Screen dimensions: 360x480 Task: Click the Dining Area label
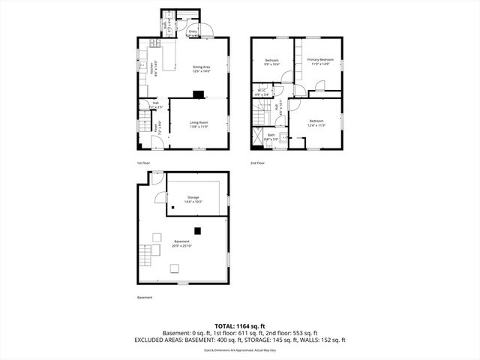201,69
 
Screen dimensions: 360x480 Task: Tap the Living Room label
199,124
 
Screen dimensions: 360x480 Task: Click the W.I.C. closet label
262,93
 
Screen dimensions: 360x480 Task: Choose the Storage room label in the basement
193,199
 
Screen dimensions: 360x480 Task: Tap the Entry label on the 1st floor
193,32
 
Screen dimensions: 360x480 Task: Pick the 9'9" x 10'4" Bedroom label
271,62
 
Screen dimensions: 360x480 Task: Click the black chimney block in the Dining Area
197,94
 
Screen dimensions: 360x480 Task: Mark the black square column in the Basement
197,230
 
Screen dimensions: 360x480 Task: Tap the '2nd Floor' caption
257,162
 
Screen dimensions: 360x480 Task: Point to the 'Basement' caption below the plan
144,297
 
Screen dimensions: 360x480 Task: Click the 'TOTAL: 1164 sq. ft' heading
240,325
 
